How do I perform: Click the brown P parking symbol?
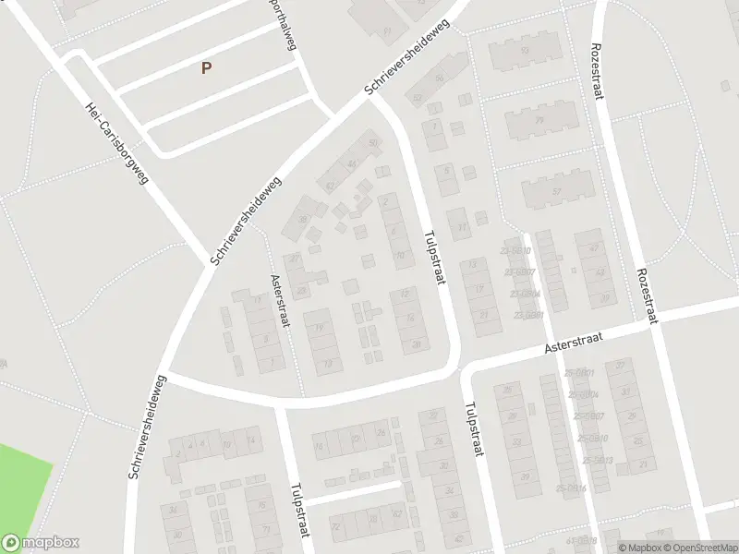206,67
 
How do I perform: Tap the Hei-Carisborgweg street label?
116,142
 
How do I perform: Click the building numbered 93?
525,51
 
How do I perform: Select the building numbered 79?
539,120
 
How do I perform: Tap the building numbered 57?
556,191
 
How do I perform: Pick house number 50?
373,143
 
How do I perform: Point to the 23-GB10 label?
517,251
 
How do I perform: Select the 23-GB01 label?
529,315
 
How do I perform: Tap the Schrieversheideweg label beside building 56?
407,56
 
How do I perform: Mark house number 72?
335,527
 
